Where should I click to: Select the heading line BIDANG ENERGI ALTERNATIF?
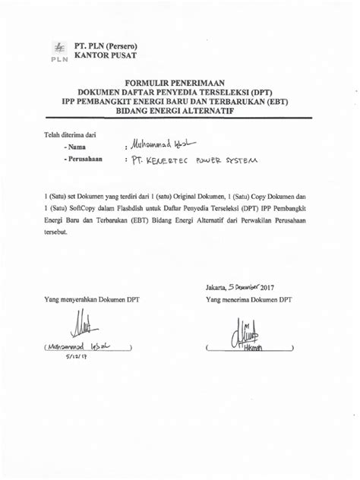(x=181, y=111)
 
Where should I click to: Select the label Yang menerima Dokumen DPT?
(x=248, y=301)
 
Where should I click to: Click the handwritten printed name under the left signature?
(x=81, y=348)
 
